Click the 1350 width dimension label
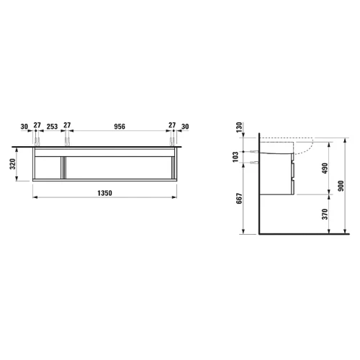[x=104, y=193]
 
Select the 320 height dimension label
[x=13, y=164]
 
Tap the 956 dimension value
[x=120, y=126]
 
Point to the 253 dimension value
[x=52, y=126]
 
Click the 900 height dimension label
[x=341, y=186]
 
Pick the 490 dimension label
[x=325, y=168]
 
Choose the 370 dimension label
[x=325, y=214]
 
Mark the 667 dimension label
[x=239, y=199]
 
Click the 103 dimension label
[x=235, y=156]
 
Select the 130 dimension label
[x=239, y=127]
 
